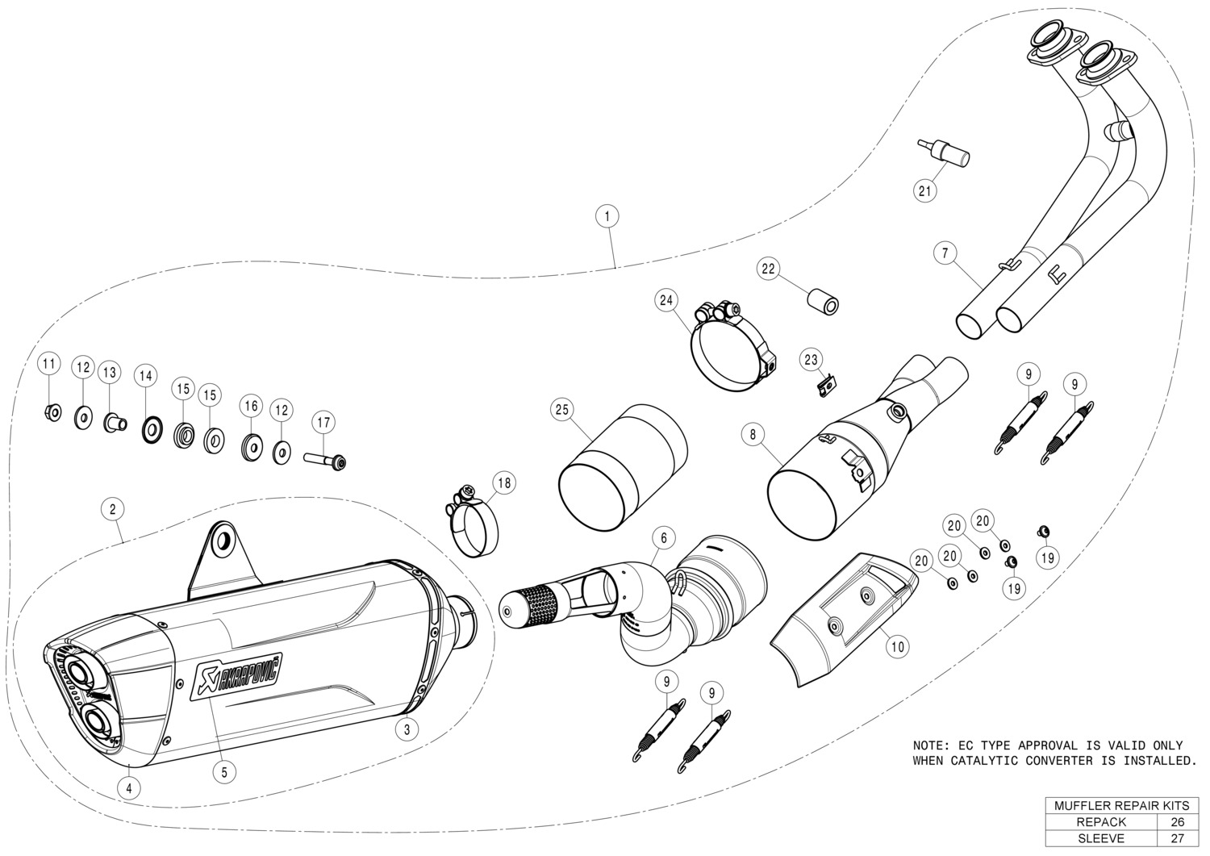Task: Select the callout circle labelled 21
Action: click(x=925, y=191)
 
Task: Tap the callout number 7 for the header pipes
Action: click(x=944, y=253)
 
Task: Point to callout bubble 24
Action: click(x=665, y=301)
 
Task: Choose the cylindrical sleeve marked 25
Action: click(x=621, y=468)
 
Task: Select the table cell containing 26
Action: click(x=1177, y=822)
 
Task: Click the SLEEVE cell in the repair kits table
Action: click(x=1100, y=838)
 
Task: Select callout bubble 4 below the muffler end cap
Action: click(x=129, y=788)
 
